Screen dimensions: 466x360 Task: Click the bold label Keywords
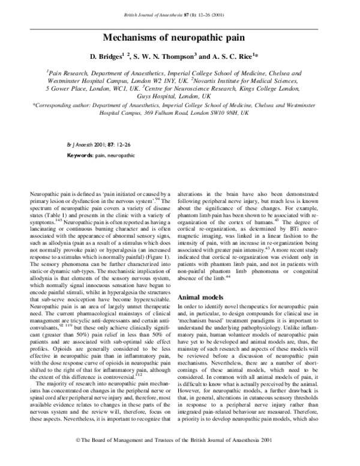[x=79, y=155]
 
